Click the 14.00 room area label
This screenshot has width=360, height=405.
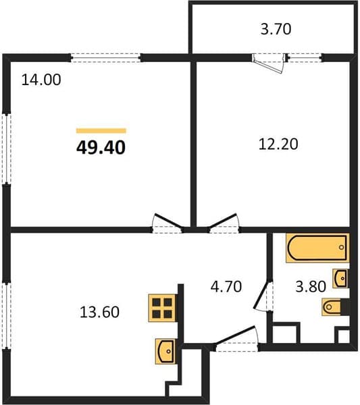41,80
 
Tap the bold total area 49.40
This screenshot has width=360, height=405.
101,148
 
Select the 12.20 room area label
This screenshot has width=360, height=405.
278,144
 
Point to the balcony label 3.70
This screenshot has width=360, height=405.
276,29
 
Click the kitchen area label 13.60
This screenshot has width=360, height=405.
99,312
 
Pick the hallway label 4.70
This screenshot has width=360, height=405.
226,286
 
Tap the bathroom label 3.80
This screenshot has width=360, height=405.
311,287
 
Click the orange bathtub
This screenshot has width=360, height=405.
317,248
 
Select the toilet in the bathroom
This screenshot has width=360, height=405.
336,307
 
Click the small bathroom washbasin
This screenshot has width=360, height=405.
340,278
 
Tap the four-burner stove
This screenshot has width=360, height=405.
162,308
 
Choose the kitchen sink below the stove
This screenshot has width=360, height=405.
165,352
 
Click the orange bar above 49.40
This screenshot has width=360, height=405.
101,131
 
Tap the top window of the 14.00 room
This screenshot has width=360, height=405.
106,58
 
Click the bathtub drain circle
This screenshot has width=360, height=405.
341,247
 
